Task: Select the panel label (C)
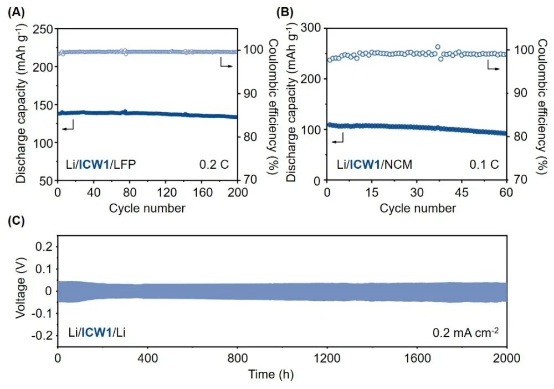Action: tap(14, 220)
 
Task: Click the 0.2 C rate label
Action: tap(214, 164)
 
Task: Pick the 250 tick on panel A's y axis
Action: tap(44, 28)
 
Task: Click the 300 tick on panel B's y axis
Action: tap(314, 28)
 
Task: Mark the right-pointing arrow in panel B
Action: tap(493, 67)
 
